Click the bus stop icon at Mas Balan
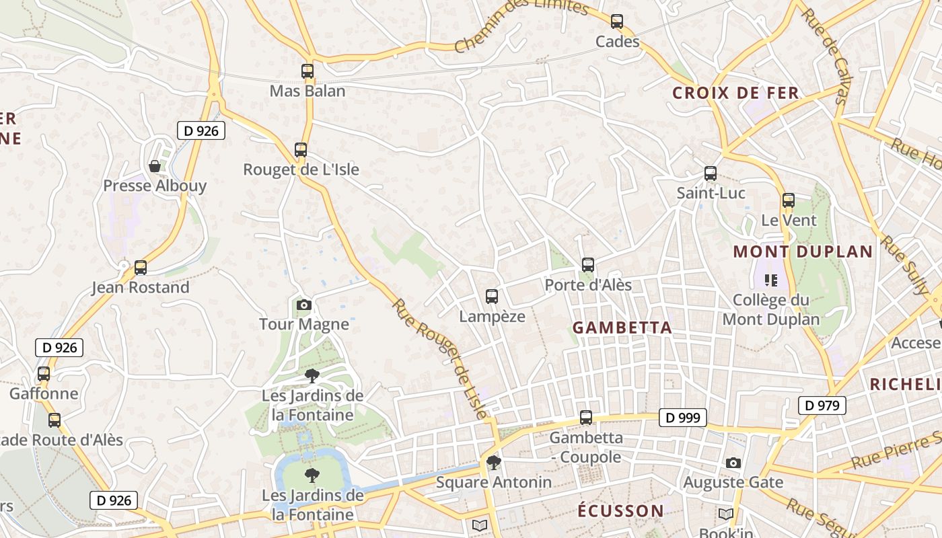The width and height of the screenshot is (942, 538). tap(307, 71)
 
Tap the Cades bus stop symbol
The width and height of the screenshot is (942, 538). tap(617, 22)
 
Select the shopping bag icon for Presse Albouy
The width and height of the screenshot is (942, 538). tap(155, 165)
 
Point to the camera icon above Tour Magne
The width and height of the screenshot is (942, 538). tap(304, 305)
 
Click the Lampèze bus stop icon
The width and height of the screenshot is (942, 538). tap(492, 296)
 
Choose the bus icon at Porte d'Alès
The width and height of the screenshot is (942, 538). tap(588, 265)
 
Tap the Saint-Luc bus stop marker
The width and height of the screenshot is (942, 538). tap(711, 174)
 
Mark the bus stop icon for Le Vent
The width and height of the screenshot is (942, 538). tap(789, 200)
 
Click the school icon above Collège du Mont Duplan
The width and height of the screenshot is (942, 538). tap(770, 280)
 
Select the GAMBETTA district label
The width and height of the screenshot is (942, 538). tap(622, 328)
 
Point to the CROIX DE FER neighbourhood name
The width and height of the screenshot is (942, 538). tap(735, 93)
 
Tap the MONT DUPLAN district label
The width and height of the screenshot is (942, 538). tap(803, 252)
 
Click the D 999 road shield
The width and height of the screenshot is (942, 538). tap(683, 418)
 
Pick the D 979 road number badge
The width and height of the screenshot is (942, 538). tap(822, 406)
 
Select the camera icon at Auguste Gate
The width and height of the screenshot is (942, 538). tap(733, 463)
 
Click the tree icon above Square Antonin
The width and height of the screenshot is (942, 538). tap(494, 462)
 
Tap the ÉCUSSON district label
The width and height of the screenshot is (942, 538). tap(620, 510)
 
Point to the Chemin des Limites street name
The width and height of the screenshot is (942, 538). tap(521, 26)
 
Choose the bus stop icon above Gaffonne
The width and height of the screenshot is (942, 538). tap(44, 373)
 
